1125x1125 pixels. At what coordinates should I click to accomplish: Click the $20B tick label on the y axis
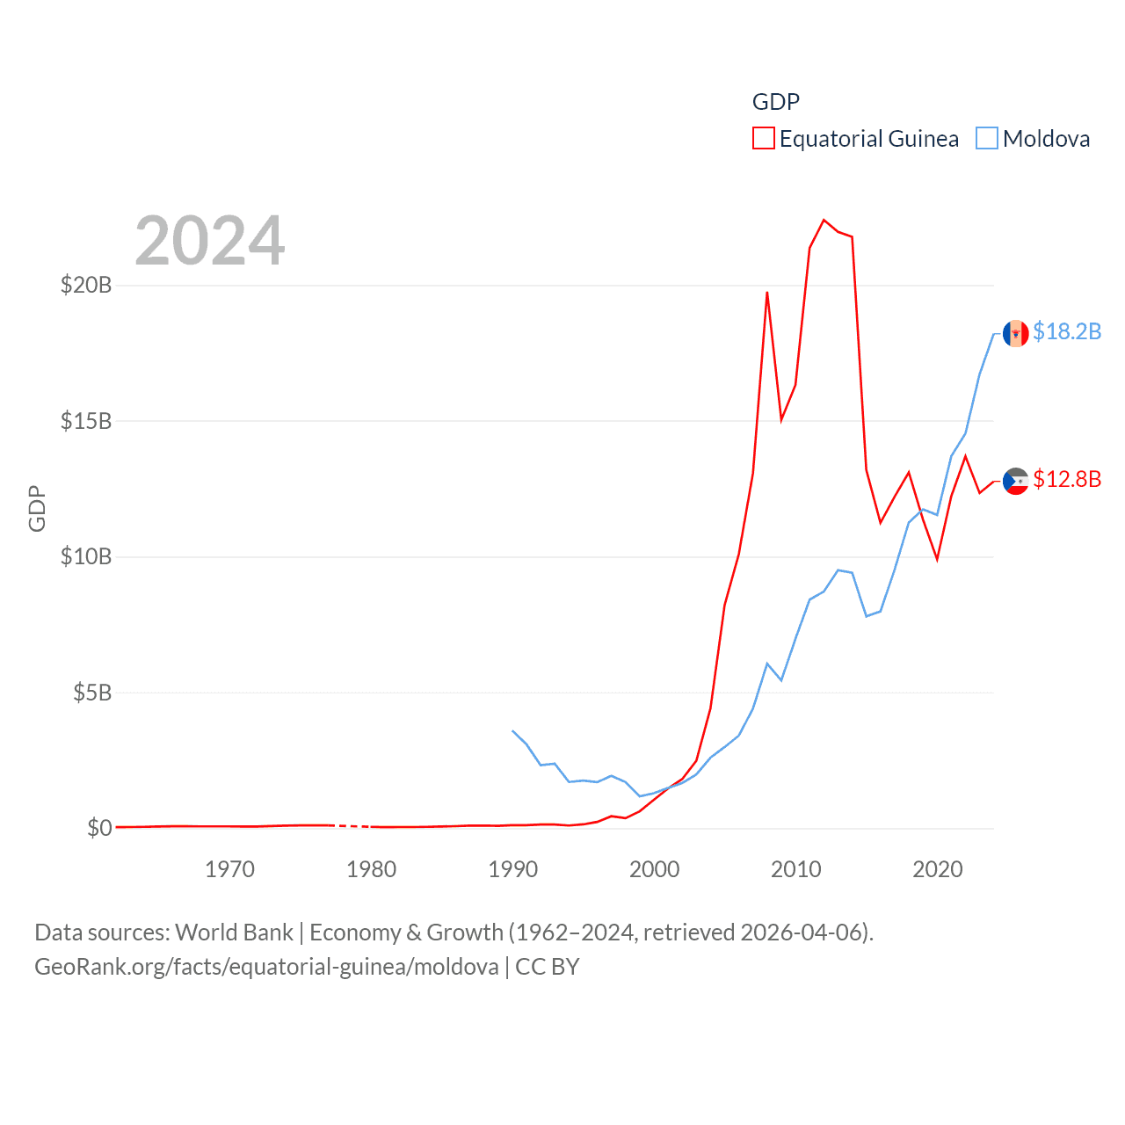click(x=85, y=285)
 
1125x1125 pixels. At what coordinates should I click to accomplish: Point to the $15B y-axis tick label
click(x=85, y=421)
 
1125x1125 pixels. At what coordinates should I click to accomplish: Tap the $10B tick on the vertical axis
click(x=85, y=556)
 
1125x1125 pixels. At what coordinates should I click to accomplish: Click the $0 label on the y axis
click(x=99, y=828)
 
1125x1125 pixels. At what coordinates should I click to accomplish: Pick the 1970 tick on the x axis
click(x=229, y=869)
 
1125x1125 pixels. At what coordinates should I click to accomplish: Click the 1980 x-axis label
click(x=371, y=869)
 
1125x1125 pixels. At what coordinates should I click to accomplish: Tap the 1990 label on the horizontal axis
click(x=512, y=869)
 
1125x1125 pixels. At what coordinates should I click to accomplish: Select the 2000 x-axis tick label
click(x=654, y=869)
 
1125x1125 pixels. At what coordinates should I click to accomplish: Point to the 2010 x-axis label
click(x=795, y=869)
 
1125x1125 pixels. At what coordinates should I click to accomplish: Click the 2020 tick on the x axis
click(x=937, y=869)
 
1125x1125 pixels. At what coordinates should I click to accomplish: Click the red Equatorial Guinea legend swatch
click(x=763, y=139)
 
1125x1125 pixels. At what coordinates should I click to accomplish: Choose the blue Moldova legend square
click(x=987, y=139)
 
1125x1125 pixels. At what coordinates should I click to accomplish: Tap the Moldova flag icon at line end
click(x=1015, y=333)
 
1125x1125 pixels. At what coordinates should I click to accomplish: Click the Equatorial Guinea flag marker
click(x=1015, y=481)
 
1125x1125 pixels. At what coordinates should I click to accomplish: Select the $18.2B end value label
click(x=1067, y=331)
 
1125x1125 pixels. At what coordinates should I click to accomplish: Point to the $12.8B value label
click(x=1067, y=479)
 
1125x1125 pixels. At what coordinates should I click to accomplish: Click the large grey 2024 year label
click(x=210, y=241)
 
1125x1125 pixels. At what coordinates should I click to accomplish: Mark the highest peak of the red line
click(x=824, y=220)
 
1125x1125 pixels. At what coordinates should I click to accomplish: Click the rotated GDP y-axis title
click(x=37, y=508)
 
